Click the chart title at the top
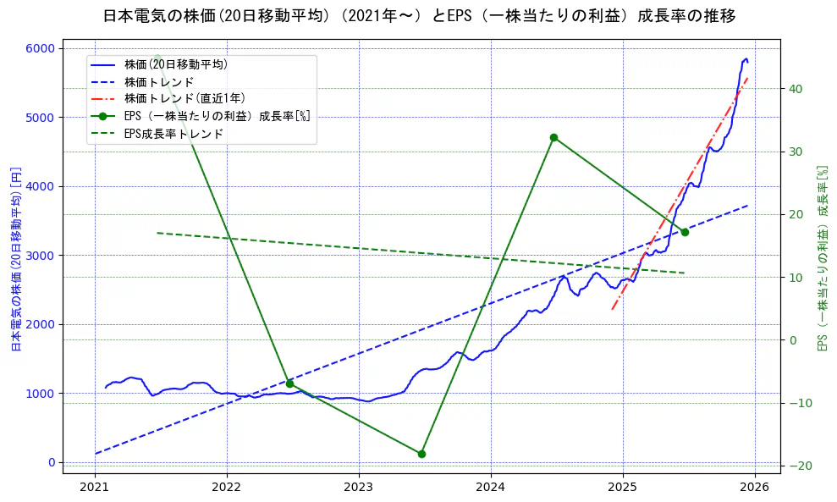click(x=419, y=16)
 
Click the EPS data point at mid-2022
click(x=289, y=383)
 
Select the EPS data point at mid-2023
click(x=421, y=454)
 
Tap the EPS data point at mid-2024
click(x=553, y=137)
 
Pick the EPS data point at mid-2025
click(x=685, y=232)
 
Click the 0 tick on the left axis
click(x=52, y=462)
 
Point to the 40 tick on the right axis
click(x=796, y=89)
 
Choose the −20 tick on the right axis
click(x=799, y=466)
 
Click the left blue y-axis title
click(x=15, y=258)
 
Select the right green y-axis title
click(x=821, y=258)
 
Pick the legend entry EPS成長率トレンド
click(x=173, y=134)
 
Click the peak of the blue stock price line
click(x=746, y=58)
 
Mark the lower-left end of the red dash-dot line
click(x=612, y=309)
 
